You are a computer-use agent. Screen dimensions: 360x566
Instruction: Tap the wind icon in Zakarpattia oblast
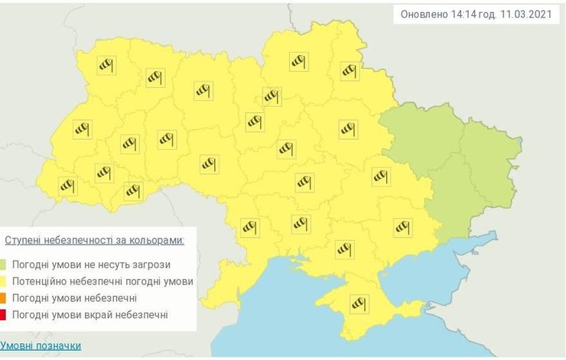69,185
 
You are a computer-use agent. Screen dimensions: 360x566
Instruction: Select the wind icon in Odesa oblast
250,227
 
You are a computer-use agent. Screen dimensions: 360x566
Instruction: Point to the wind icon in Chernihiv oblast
298,62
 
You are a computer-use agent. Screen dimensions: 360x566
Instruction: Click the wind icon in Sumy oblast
350,70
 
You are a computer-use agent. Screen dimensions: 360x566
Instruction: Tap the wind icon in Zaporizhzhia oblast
402,227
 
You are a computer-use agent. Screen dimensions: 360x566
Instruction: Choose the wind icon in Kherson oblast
345,248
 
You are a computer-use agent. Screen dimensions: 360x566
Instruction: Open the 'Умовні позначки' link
41,345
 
